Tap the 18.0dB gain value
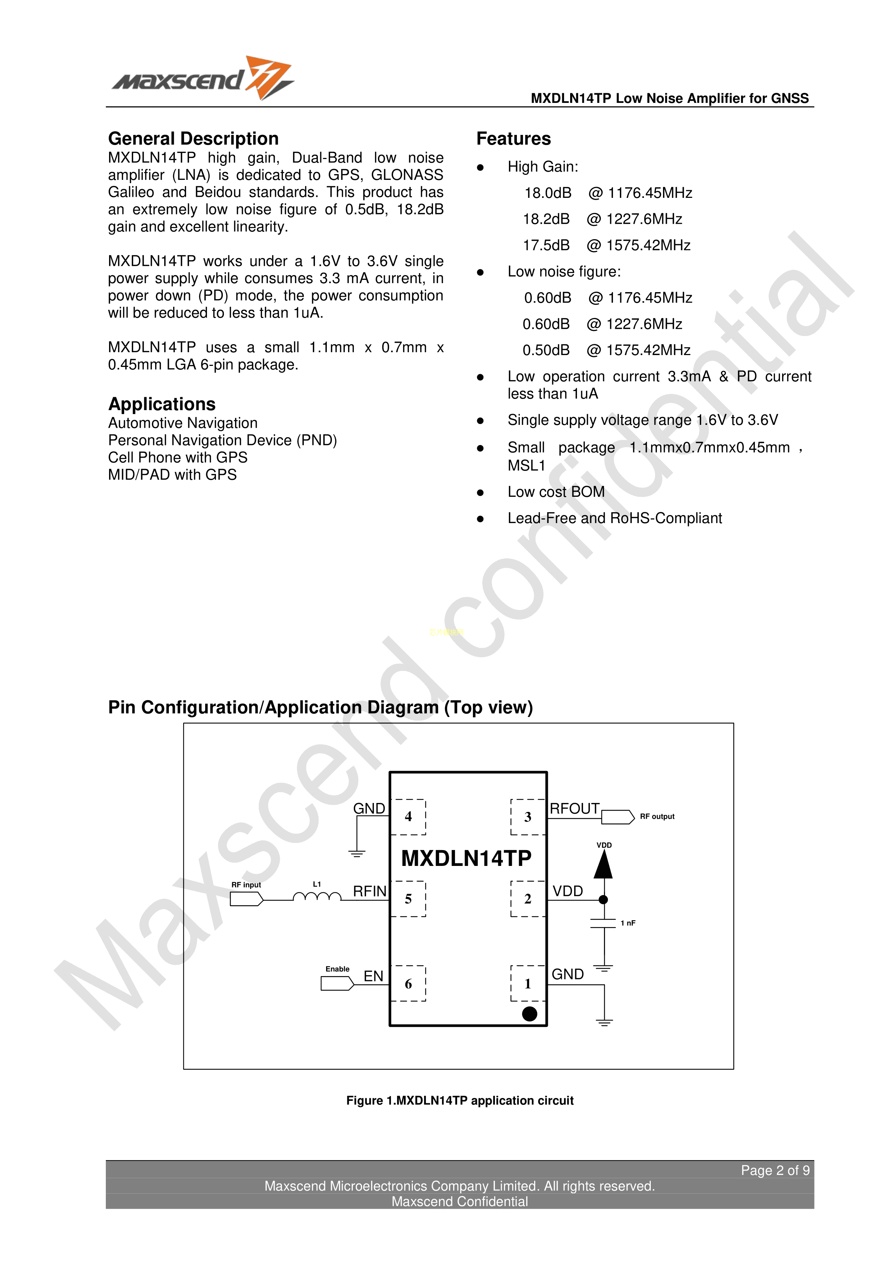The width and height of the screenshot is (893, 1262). tap(548, 193)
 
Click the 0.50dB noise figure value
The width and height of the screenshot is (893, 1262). tap(546, 350)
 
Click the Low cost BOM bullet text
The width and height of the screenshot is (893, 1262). tap(556, 491)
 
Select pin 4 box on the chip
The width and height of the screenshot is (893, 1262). tap(408, 817)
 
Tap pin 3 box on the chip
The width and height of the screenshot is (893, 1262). tap(528, 817)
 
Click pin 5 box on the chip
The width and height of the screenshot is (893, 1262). tap(408, 899)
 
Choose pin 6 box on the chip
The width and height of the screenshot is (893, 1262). tap(408, 983)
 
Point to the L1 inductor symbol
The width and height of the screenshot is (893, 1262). tap(317, 896)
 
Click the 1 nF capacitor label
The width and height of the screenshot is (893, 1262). tap(628, 923)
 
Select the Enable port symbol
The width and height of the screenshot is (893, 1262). tap(337, 983)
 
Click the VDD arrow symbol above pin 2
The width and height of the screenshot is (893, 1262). tap(603, 864)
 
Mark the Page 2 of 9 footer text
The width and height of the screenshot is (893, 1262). tap(775, 1170)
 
